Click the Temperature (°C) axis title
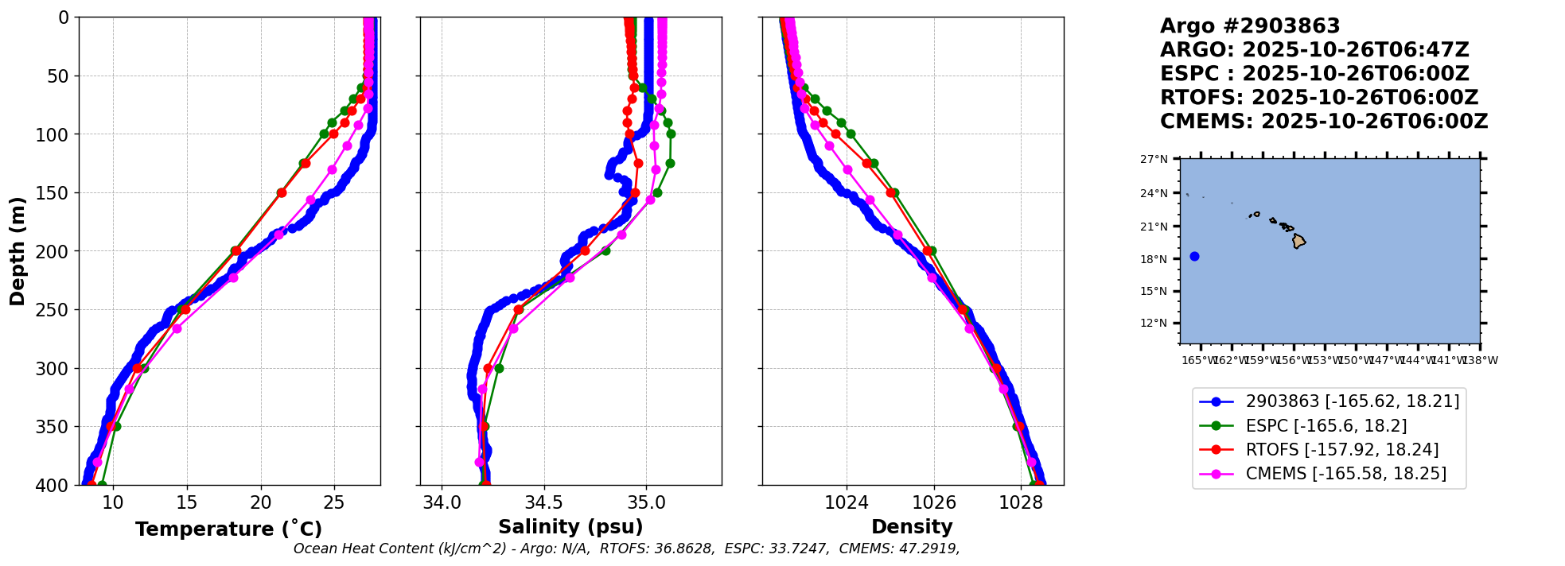[228, 529]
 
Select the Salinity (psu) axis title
[570, 527]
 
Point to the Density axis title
[912, 527]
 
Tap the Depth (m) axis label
[18, 250]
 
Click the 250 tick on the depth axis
[57, 310]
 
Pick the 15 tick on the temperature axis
[187, 502]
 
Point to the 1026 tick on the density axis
[933, 502]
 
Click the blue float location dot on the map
[1194, 256]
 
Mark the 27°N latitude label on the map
[1154, 159]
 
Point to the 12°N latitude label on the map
[1154, 323]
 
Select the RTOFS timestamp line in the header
[1318, 98]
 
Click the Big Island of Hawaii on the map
[1298, 241]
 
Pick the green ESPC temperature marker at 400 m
[102, 484]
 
